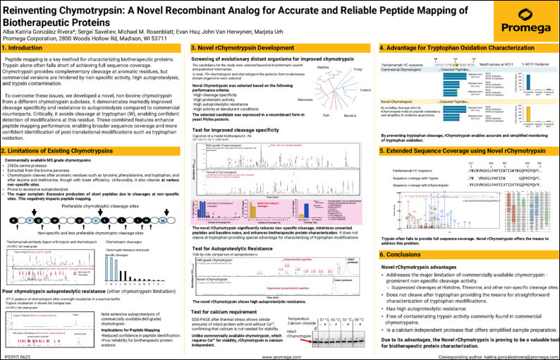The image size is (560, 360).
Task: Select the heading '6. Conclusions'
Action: pos(403,233)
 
